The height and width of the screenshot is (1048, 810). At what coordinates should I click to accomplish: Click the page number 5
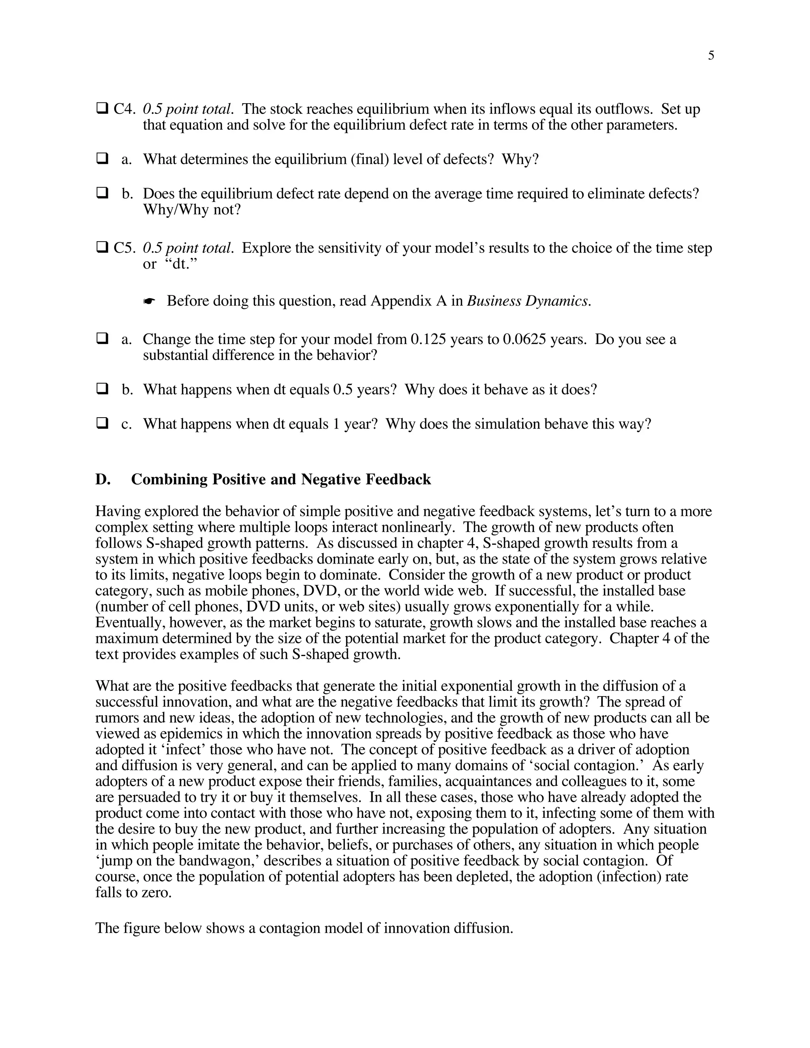click(x=711, y=56)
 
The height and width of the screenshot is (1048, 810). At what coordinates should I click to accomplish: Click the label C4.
click(x=124, y=110)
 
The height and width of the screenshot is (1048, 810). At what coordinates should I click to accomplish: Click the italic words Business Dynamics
click(x=528, y=301)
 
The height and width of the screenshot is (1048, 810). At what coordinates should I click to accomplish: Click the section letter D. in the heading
click(x=102, y=479)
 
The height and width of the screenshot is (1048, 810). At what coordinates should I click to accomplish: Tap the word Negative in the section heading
click(x=331, y=479)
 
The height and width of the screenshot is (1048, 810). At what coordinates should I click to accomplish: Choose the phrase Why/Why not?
click(x=191, y=210)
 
